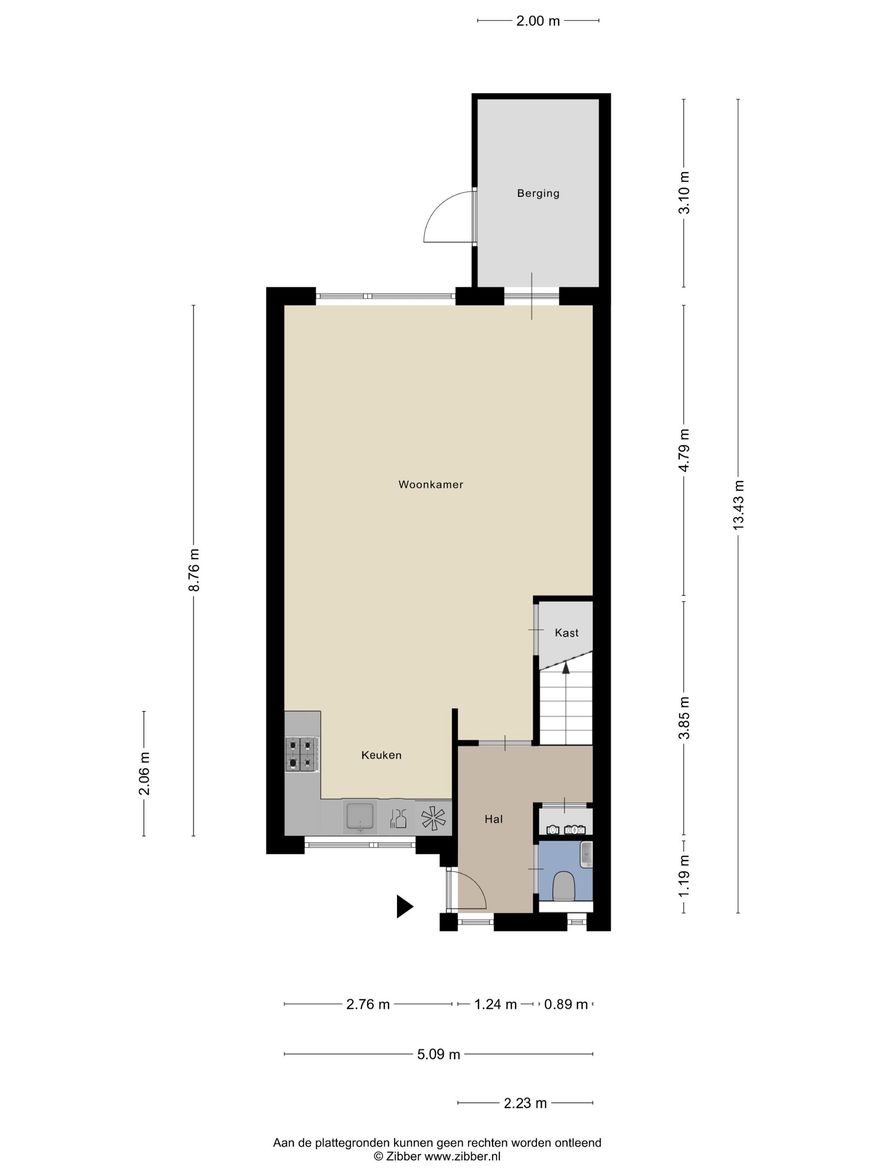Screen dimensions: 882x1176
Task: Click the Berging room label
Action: point(538,194)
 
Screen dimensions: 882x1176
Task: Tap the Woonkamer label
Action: point(430,484)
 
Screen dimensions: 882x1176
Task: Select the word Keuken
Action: point(381,755)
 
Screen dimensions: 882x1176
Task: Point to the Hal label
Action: point(493,819)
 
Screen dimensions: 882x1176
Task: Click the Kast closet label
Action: point(566,633)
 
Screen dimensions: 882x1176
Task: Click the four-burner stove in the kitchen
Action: point(302,754)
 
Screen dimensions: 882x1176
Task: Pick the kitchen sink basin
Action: point(360,817)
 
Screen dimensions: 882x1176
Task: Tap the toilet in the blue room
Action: point(564,886)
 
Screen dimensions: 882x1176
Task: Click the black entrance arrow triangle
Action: point(404,906)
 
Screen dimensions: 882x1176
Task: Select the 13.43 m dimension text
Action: point(738,505)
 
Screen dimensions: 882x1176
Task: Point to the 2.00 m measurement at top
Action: point(538,21)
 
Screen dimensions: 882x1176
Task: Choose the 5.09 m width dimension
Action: point(438,1054)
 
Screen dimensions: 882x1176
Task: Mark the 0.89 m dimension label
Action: point(566,1004)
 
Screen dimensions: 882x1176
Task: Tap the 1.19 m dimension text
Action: point(684,876)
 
